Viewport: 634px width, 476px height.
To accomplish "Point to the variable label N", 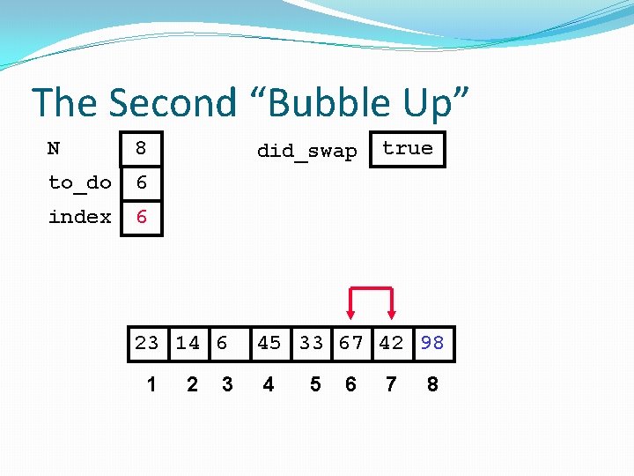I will coord(54,149).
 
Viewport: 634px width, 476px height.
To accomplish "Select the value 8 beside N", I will coord(140,149).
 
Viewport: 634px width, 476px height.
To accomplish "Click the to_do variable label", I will coord(79,182).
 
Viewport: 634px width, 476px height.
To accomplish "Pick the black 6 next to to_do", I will coord(140,182).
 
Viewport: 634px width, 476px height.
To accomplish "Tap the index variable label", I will coord(79,217).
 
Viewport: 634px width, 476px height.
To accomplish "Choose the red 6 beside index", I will coord(140,217).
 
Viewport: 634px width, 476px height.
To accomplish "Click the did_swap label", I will coord(306,151).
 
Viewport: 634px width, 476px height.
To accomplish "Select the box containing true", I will coord(408,149).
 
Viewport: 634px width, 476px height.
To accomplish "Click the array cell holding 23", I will coord(147,343).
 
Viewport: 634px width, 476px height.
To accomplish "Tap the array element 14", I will coord(188,343).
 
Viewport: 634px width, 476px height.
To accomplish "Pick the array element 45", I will coord(269,343).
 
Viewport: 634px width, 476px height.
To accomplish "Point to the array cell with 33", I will coord(311,343).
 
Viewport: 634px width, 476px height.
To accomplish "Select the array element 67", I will coord(351,343).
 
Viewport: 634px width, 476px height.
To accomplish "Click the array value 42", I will coord(391,343).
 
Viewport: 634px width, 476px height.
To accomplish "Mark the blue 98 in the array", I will coord(432,343).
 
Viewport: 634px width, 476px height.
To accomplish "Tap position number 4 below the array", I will coord(269,385).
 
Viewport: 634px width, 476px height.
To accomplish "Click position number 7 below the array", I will coord(391,385).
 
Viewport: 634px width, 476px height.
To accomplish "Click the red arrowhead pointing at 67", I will coord(351,312).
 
